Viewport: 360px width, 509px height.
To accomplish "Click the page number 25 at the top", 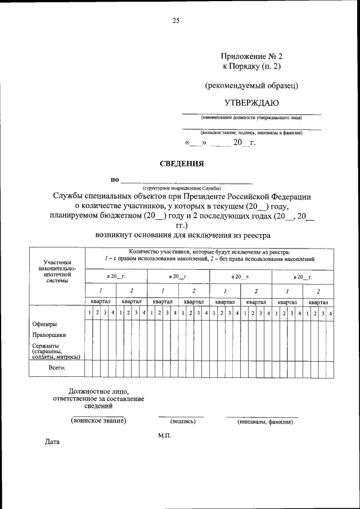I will click(x=175, y=21).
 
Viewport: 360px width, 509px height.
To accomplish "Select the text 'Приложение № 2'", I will click(x=251, y=56).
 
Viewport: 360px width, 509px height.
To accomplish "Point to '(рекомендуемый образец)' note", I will click(x=251, y=85).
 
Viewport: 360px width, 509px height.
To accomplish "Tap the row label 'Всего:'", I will click(x=56, y=367).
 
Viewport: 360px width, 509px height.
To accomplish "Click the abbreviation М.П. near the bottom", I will click(x=164, y=435).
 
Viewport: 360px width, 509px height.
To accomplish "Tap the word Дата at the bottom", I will click(x=52, y=442).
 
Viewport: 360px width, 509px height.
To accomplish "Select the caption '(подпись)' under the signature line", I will click(x=181, y=421).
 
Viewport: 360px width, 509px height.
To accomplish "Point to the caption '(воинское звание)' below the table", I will click(x=98, y=420).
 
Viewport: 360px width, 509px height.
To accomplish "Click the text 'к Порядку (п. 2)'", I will click(x=251, y=67).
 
